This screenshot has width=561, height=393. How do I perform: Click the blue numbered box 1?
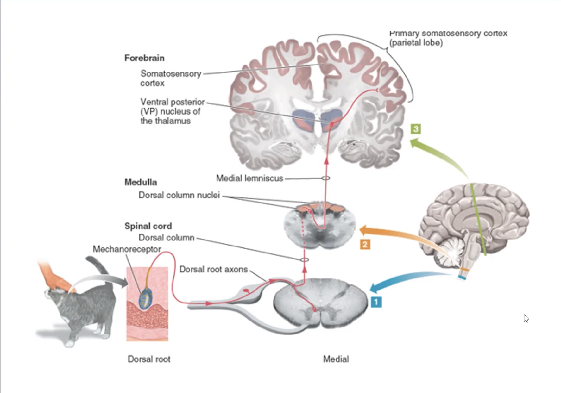(x=376, y=302)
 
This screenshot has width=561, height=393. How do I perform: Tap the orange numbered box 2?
(x=365, y=244)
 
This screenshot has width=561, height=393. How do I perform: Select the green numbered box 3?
(x=415, y=129)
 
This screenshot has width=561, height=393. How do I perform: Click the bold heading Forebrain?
(x=144, y=58)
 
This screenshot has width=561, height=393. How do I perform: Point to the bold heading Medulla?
(x=141, y=182)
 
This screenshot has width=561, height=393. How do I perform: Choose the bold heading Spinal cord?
(x=148, y=226)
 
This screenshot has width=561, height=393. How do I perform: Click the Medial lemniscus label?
(x=249, y=178)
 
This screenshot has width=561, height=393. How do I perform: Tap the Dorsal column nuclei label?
(x=179, y=195)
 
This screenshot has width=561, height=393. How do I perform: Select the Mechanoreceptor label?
(x=127, y=249)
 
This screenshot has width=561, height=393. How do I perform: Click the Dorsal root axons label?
(x=213, y=269)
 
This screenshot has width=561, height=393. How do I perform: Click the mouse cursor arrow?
(x=526, y=318)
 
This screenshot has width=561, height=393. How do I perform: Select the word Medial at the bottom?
(x=336, y=359)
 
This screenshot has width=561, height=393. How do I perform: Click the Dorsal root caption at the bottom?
(x=149, y=359)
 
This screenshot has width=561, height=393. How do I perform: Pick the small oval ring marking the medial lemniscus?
(x=326, y=178)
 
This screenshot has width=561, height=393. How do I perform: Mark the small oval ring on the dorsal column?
(x=304, y=260)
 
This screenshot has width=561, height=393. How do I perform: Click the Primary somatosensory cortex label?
(x=448, y=38)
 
